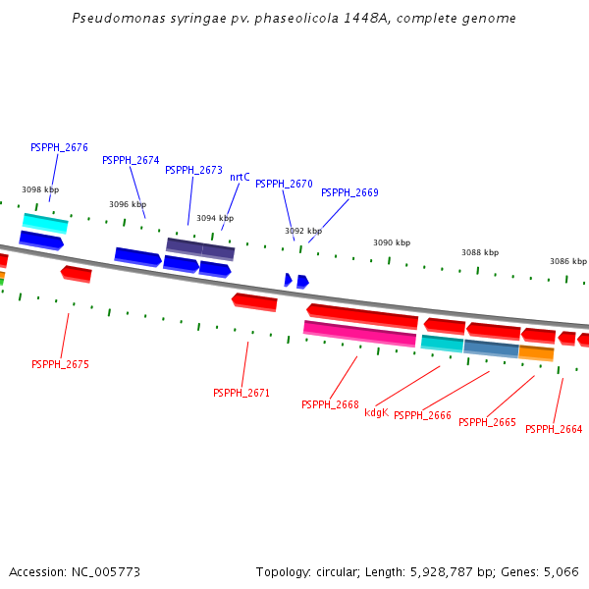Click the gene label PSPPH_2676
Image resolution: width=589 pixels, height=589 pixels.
[x=59, y=147]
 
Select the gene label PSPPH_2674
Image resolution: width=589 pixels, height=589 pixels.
[x=131, y=160]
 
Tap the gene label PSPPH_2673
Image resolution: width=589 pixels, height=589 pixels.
[x=193, y=170]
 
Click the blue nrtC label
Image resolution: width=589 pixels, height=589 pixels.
[x=240, y=177]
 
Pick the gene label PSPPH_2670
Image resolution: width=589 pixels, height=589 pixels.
[x=284, y=184]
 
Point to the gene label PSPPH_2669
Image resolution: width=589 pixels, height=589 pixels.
[x=349, y=192]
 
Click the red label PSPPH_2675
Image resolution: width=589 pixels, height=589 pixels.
[x=60, y=364]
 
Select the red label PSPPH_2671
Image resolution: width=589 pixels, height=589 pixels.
[x=241, y=393]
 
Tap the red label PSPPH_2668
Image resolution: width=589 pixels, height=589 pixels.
[x=330, y=404]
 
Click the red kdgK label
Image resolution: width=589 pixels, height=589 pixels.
[x=376, y=412]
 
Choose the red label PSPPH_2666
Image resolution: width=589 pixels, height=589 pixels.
[x=422, y=415]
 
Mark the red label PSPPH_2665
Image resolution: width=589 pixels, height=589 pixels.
[x=487, y=422]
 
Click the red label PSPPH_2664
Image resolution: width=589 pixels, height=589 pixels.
[x=554, y=429]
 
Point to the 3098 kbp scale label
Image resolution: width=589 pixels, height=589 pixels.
[x=40, y=189]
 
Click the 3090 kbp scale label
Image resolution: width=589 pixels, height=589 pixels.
[x=392, y=242]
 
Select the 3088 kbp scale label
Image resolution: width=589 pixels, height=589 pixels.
[x=480, y=252]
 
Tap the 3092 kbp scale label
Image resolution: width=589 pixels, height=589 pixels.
[x=303, y=231]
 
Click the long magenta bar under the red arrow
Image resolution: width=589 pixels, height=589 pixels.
[x=359, y=334]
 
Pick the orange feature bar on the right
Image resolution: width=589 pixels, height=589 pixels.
[x=536, y=352]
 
